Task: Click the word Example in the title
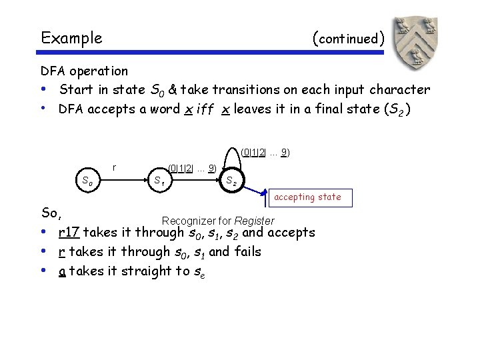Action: pyautogui.click(x=71, y=38)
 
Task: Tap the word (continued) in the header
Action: pyautogui.click(x=347, y=38)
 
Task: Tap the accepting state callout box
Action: pyautogui.click(x=307, y=197)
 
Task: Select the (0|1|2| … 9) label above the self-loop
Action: pyautogui.click(x=265, y=152)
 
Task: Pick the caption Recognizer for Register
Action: pyautogui.click(x=218, y=221)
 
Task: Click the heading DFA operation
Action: pyautogui.click(x=84, y=71)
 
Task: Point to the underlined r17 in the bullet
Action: pyautogui.click(x=69, y=233)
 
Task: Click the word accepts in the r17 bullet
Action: pyautogui.click(x=289, y=233)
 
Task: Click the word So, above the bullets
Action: pyautogui.click(x=51, y=213)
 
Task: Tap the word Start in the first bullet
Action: pyautogui.click(x=75, y=89)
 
